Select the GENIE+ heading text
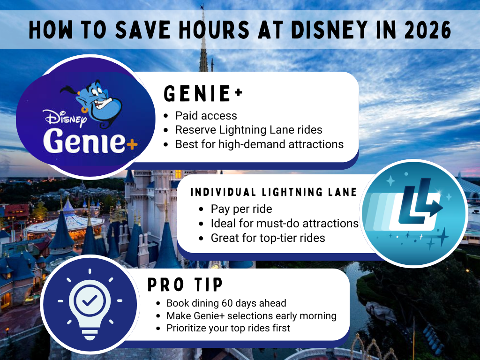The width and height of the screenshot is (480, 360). pyautogui.click(x=203, y=94)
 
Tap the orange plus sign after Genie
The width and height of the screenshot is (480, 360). pyautogui.click(x=132, y=145)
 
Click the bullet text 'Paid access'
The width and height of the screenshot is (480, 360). pyautogui.click(x=206, y=116)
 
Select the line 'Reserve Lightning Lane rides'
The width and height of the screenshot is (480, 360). pyautogui.click(x=248, y=130)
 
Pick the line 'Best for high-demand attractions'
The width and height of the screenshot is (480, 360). pyautogui.click(x=259, y=144)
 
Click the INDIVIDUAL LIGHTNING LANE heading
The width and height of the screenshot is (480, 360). pyautogui.click(x=274, y=192)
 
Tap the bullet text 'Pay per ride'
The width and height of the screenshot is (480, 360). pyautogui.click(x=241, y=209)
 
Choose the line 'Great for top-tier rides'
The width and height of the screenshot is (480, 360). pyautogui.click(x=268, y=238)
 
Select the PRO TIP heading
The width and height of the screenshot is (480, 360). pyautogui.click(x=185, y=285)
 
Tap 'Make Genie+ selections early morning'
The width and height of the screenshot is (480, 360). pyautogui.click(x=251, y=316)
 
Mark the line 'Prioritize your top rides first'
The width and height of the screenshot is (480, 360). pyautogui.click(x=228, y=328)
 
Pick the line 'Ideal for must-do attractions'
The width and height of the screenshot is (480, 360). pyautogui.click(x=285, y=223)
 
